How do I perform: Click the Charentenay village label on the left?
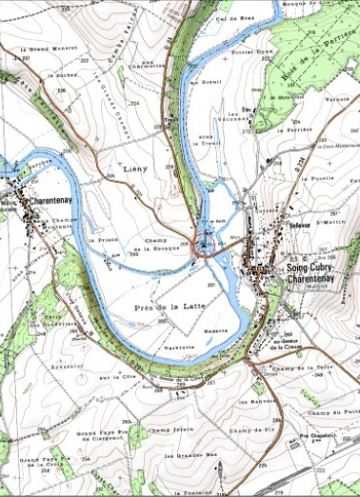48,202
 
